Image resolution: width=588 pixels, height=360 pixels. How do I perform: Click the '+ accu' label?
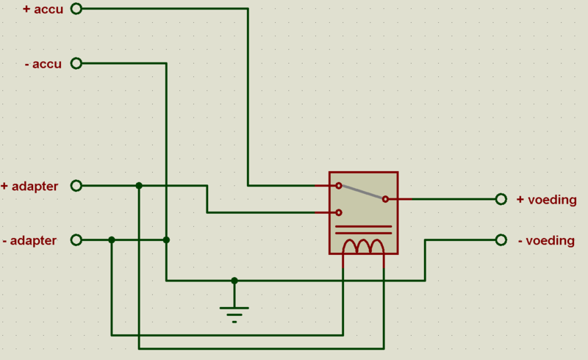tap(43, 10)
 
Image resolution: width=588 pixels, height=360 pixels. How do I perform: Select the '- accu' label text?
tap(43, 64)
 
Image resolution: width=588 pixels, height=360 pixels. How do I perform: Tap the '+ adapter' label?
tap(29, 186)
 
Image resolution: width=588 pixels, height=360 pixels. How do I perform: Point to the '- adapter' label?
tap(29, 240)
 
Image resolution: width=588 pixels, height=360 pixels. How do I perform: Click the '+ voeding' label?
tap(546, 199)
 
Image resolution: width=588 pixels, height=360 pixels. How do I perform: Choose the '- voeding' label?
tap(546, 240)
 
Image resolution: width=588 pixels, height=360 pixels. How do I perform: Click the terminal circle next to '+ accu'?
tap(76, 9)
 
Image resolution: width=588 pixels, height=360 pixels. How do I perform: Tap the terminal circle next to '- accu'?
tap(76, 63)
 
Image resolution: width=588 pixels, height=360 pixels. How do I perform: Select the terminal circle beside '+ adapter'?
tap(76, 186)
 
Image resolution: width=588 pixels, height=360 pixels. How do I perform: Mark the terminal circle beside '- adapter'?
tap(76, 240)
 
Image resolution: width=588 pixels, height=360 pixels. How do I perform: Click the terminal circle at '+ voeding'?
tap(501, 199)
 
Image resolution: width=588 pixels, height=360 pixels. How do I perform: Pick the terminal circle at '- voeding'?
tap(501, 240)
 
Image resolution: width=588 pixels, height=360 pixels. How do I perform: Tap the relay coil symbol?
tap(364, 246)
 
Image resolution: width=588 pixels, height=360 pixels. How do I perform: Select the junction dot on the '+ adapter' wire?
tap(139, 186)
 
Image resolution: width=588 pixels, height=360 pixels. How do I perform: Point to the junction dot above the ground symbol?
tap(234, 280)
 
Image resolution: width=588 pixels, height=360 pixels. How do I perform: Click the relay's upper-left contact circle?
tap(338, 186)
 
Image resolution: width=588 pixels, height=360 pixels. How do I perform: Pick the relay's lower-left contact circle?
tap(338, 212)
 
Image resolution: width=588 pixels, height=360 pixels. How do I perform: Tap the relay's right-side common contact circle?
tap(385, 199)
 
